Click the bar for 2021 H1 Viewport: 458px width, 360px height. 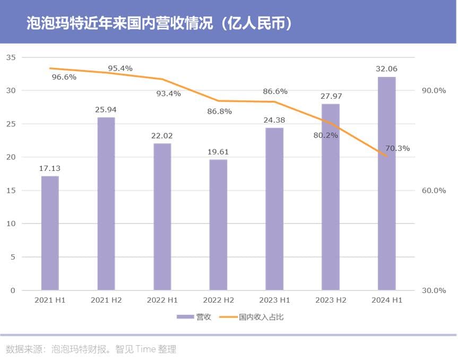[50, 233]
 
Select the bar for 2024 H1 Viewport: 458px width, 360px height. [386, 184]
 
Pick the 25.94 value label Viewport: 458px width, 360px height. [106, 110]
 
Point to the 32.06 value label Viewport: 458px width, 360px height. [386, 69]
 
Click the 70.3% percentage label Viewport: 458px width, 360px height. [397, 148]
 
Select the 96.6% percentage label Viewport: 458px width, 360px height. [64, 77]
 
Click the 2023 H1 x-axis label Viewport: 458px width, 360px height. [274, 300]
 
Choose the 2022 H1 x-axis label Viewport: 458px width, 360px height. [162, 300]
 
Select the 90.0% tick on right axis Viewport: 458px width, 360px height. [434, 90]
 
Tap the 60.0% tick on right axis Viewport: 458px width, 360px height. [434, 191]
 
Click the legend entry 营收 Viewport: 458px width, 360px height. [194, 317]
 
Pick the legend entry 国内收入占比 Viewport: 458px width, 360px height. [256, 317]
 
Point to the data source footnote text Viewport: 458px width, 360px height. [91, 349]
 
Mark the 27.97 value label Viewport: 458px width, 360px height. [330, 96]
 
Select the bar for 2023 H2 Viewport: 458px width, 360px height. [330, 197]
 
